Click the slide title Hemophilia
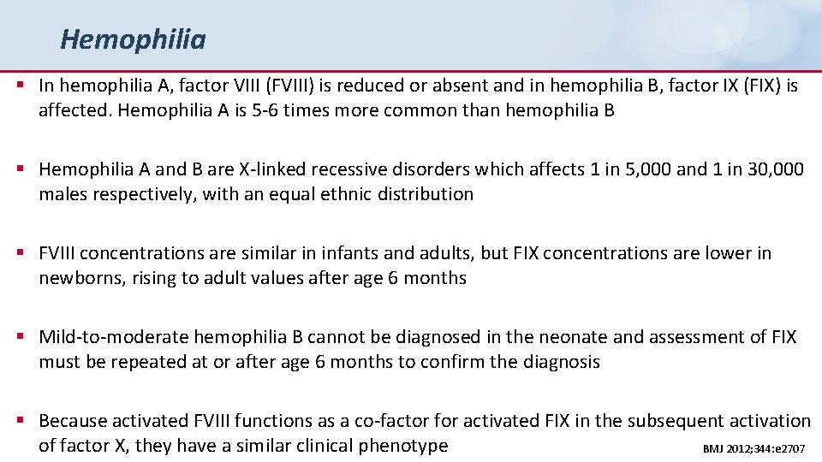click(133, 39)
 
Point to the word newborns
click(80, 278)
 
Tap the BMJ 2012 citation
click(753, 448)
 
